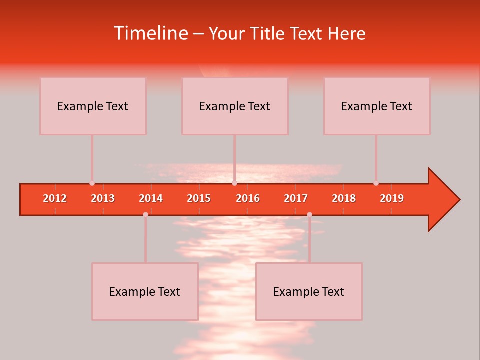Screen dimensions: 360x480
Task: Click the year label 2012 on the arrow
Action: click(x=55, y=198)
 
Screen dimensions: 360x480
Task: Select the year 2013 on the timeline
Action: click(x=103, y=198)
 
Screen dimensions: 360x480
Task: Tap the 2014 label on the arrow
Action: click(x=151, y=198)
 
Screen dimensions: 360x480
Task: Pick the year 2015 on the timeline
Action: click(x=199, y=198)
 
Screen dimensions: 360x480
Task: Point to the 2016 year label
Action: click(x=248, y=198)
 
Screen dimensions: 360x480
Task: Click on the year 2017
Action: click(x=296, y=198)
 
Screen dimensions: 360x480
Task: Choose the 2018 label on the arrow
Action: click(x=344, y=198)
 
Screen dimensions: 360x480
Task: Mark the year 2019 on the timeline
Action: click(x=392, y=198)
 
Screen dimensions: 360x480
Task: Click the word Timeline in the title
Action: click(x=150, y=33)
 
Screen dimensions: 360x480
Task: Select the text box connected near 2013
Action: click(x=93, y=106)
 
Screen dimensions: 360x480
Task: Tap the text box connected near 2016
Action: click(x=235, y=106)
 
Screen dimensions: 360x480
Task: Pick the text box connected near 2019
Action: click(x=377, y=106)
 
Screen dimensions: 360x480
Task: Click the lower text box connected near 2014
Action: click(x=145, y=291)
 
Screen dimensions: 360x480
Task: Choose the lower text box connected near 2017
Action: click(x=309, y=291)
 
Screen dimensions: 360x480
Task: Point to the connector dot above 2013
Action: click(x=92, y=183)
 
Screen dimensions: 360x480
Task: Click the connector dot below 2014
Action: click(x=145, y=214)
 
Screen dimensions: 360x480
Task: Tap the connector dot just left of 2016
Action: click(x=234, y=183)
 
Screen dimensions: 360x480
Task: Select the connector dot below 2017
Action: click(x=309, y=214)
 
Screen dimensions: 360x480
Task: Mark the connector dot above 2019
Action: click(x=376, y=183)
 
